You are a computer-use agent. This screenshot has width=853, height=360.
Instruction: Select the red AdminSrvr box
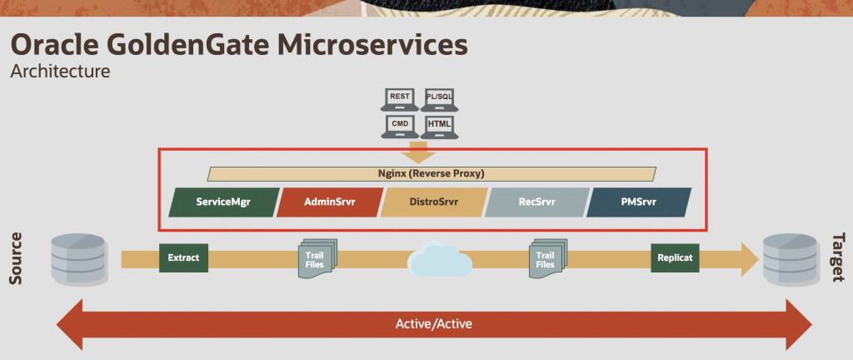click(329, 202)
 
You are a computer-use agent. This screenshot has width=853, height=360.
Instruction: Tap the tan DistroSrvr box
click(433, 202)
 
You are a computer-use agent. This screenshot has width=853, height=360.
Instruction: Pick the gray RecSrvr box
click(537, 202)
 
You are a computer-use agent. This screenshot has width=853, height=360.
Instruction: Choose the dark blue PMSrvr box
click(640, 202)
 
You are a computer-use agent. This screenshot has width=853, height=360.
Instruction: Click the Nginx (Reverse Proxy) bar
click(431, 174)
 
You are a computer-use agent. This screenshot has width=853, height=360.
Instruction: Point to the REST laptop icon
click(400, 99)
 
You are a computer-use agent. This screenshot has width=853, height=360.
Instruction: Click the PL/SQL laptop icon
click(438, 99)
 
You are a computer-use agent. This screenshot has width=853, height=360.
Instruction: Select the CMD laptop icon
click(400, 126)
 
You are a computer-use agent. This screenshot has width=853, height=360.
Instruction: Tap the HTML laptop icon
click(438, 126)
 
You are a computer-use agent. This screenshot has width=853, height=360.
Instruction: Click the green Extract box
click(183, 257)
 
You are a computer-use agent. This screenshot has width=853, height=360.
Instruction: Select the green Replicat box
click(675, 257)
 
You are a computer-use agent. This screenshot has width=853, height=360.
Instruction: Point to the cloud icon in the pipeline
click(439, 259)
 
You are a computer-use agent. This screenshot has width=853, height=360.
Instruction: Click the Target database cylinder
click(791, 257)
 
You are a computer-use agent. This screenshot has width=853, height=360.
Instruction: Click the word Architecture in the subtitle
click(60, 71)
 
